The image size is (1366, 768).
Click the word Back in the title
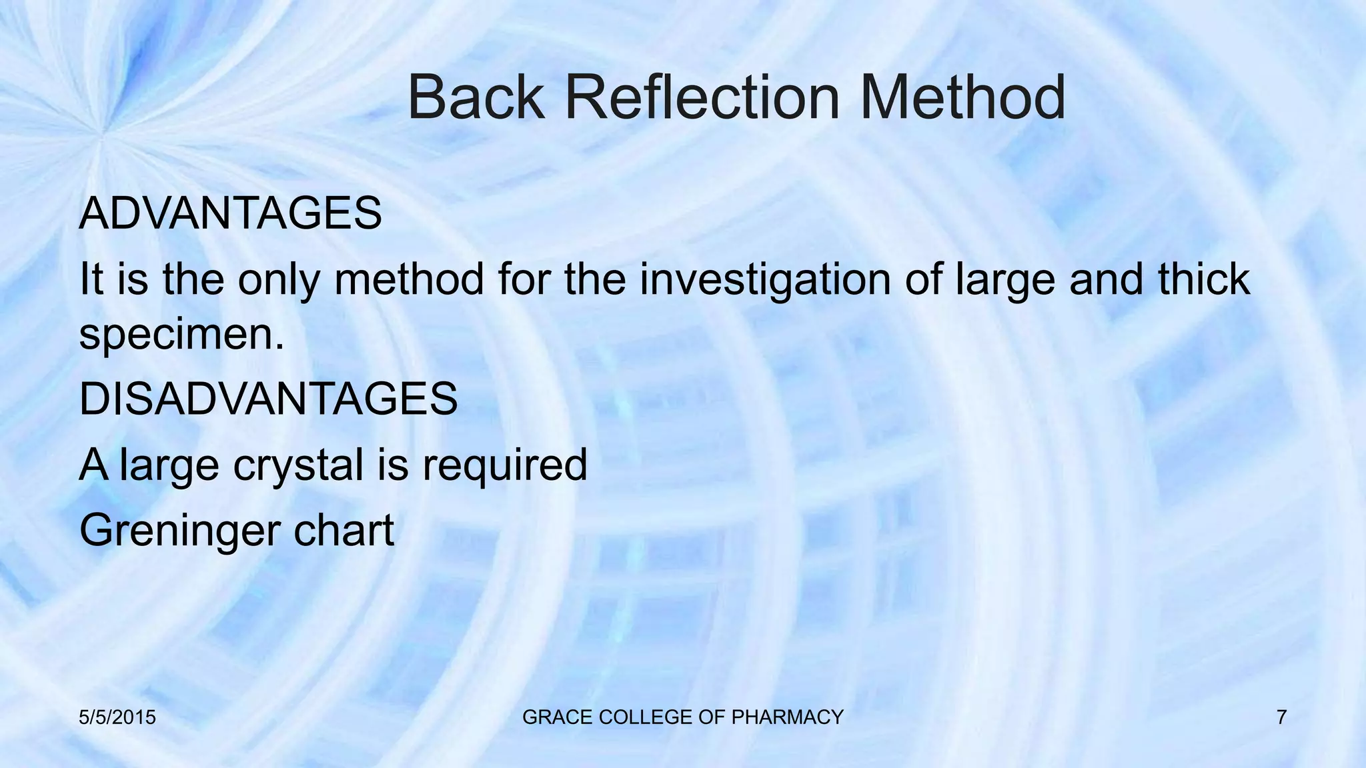point(475,98)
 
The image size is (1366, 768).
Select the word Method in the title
point(962,98)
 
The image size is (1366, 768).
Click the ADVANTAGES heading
point(230,213)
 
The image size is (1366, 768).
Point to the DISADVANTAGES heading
point(268,399)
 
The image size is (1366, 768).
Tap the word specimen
point(181,335)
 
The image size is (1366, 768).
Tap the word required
point(504,466)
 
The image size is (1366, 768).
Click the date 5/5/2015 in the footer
point(117,717)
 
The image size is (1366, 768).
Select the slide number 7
point(1281,717)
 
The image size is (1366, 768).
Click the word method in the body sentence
point(409,279)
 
